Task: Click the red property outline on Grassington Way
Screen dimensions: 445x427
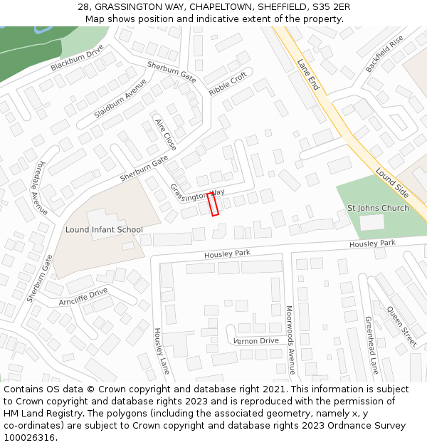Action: tap(212, 204)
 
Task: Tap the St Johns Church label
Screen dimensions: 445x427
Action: tap(378, 208)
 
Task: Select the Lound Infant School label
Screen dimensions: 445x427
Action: tap(104, 230)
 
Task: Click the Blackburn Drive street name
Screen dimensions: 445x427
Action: tap(77, 58)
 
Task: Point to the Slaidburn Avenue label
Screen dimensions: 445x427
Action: tap(120, 98)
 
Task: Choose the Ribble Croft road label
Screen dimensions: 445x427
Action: tap(228, 84)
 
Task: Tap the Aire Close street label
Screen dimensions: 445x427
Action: tap(166, 134)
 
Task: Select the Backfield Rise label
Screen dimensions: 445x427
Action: tap(384, 53)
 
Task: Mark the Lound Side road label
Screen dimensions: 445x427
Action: tap(392, 183)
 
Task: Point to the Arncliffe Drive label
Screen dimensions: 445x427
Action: tap(83, 297)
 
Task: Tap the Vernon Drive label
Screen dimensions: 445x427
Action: tap(256, 341)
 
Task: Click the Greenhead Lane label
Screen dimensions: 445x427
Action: tap(371, 345)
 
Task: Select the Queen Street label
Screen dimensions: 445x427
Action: tap(402, 326)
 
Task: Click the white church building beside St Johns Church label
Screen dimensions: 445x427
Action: tap(371, 222)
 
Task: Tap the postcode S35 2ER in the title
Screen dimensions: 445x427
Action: tap(327, 7)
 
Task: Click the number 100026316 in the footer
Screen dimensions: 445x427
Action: tap(29, 437)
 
